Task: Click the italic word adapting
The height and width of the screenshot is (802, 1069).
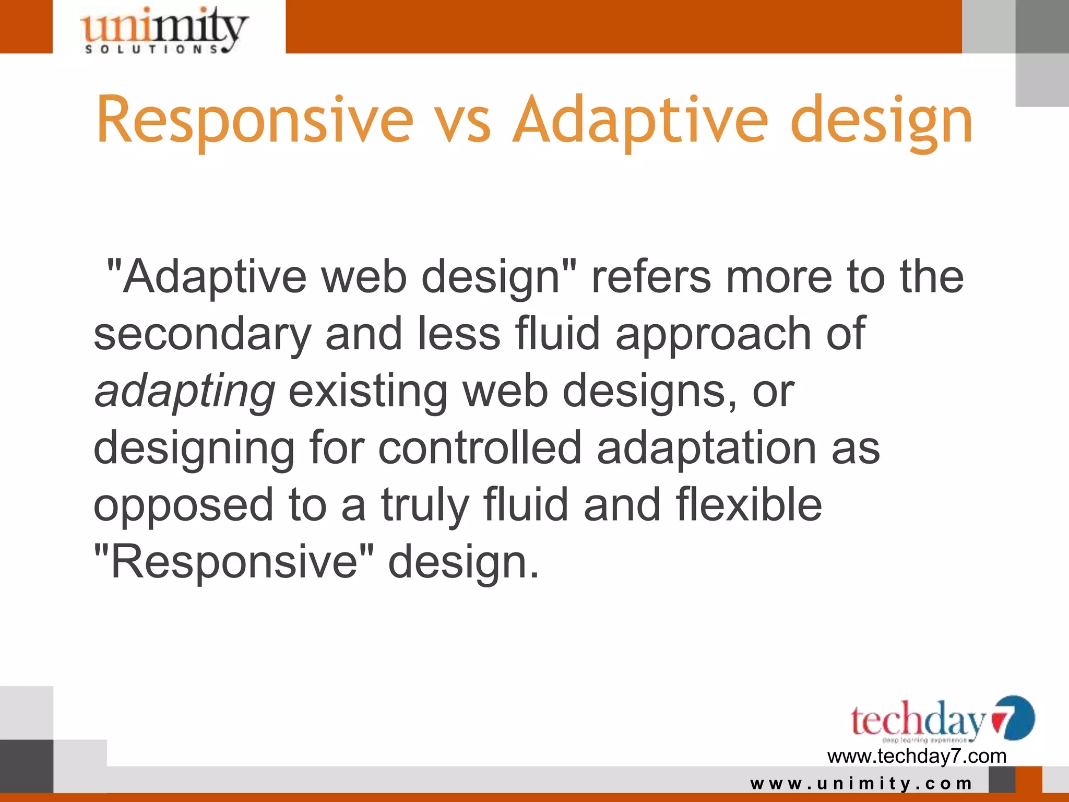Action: [x=184, y=392]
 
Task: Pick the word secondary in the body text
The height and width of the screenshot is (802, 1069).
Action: [x=202, y=335]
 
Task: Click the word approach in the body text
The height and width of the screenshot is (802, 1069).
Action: [x=712, y=335]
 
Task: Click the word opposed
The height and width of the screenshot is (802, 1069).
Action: [x=183, y=505]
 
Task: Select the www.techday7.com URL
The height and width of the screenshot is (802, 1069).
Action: [x=917, y=756]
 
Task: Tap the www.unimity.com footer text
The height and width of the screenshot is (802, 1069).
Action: [x=861, y=783]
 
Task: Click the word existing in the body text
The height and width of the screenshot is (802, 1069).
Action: [x=368, y=392]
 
